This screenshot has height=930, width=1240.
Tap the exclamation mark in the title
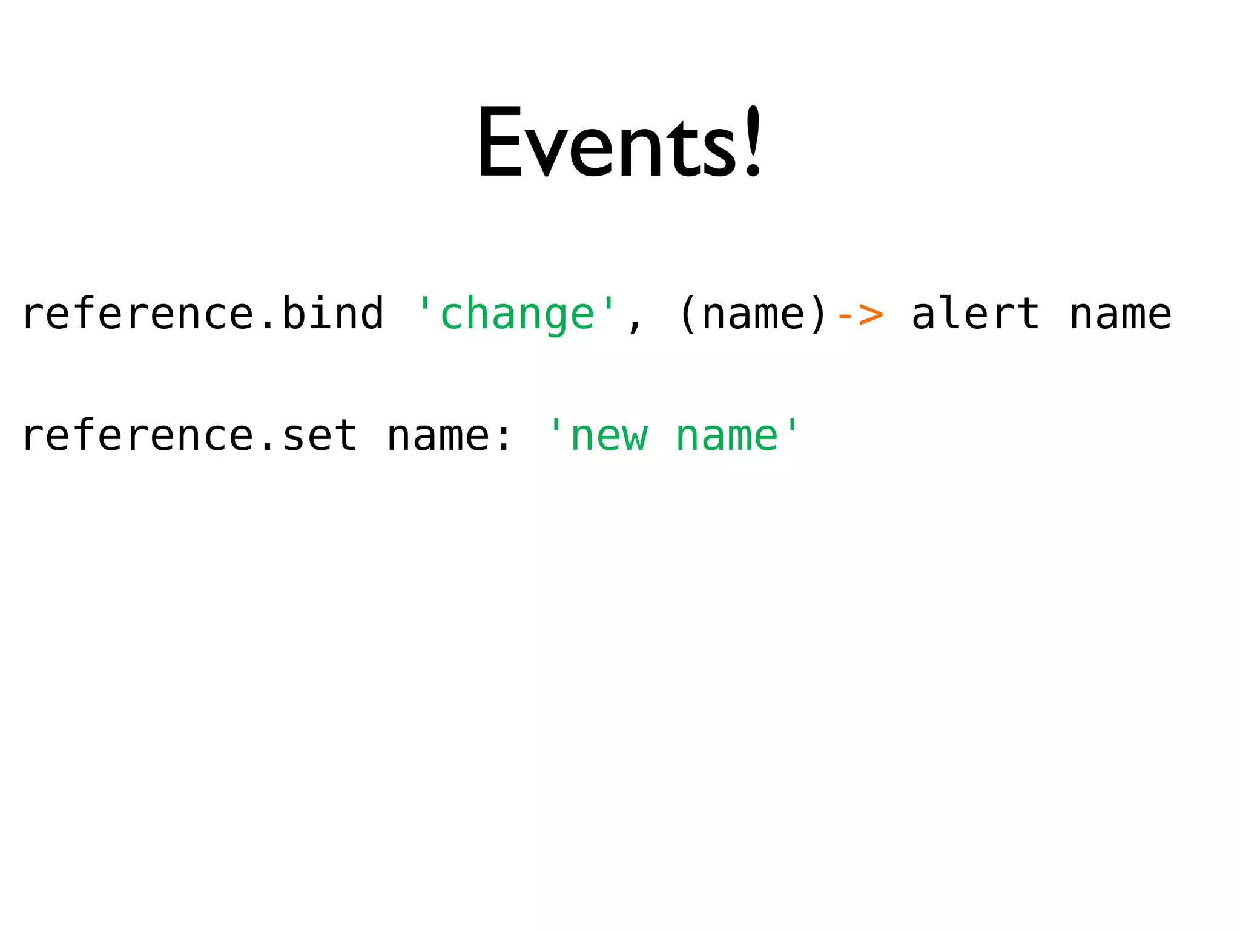point(753,142)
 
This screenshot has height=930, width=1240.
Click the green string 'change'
point(518,314)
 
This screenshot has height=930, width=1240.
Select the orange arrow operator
point(859,314)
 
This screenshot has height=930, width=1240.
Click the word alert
point(975,314)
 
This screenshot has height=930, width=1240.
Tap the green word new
point(608,437)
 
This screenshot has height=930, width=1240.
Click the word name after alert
point(1120,314)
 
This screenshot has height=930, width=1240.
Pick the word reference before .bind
point(137,313)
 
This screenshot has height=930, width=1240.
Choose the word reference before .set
point(137,435)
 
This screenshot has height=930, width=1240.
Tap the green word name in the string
point(727,437)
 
